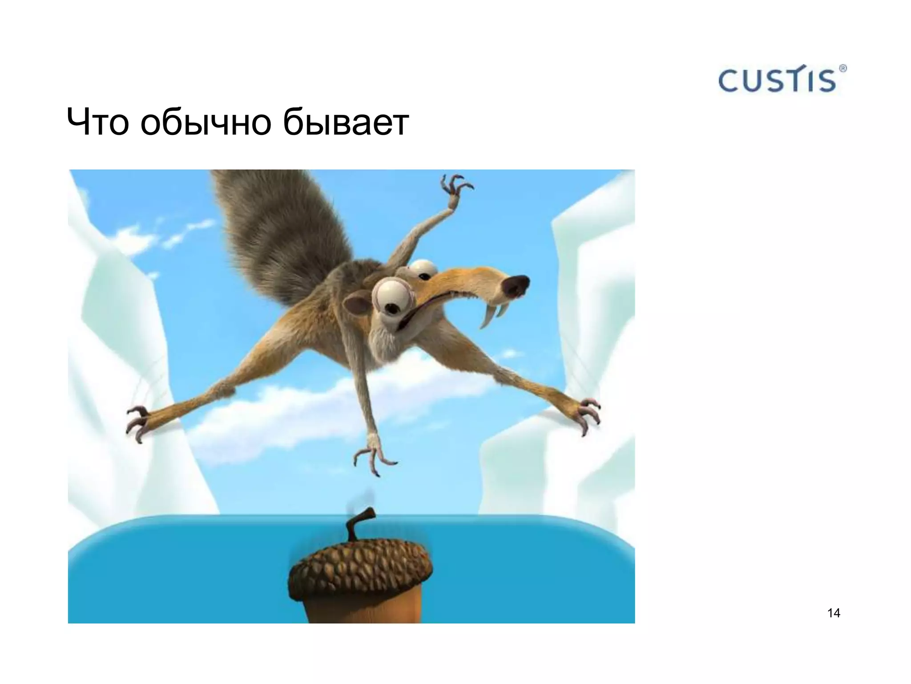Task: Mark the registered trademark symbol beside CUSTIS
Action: tap(842, 69)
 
